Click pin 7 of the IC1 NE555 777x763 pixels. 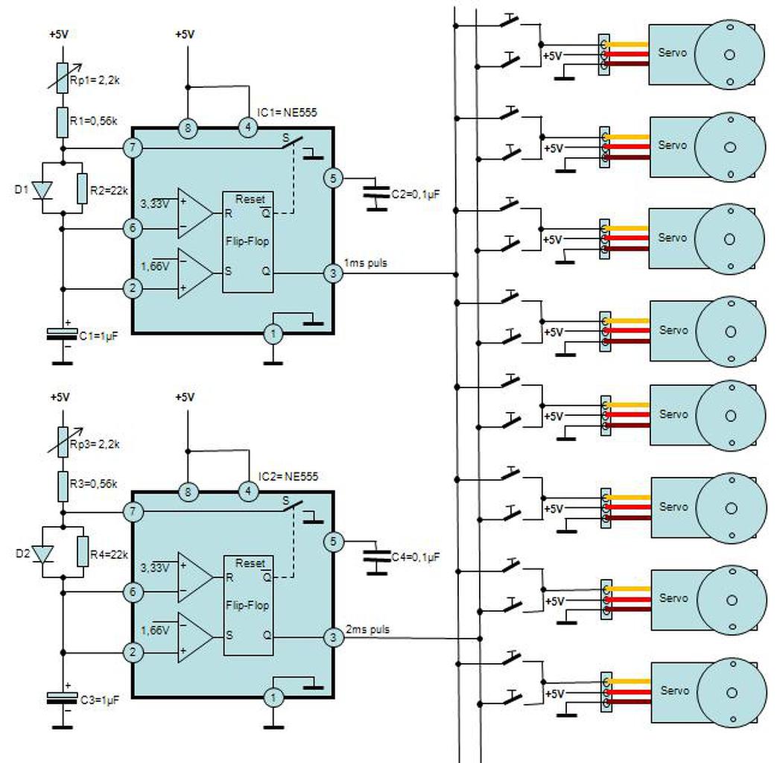point(133,148)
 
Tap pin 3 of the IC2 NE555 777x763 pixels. point(333,637)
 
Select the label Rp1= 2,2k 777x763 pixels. point(95,80)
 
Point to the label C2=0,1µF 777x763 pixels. point(416,194)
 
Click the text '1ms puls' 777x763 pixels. point(366,263)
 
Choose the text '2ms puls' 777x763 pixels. point(368,629)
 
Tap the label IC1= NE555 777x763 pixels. point(287,113)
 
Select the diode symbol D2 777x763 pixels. point(42,554)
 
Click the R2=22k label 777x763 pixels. point(109,191)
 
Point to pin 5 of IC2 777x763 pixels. point(333,542)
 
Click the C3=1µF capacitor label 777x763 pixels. point(100,700)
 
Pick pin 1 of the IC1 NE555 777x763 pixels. point(273,334)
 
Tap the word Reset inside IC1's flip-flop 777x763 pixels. point(250,199)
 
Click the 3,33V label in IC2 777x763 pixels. point(155,567)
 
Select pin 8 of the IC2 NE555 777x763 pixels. point(188,493)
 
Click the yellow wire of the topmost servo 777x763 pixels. point(626,45)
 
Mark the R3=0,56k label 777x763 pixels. point(94,484)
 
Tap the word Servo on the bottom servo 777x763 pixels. point(674,690)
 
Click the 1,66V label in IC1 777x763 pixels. point(155,266)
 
